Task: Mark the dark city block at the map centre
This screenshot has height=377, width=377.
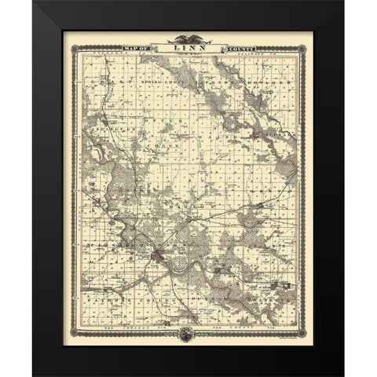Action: pos(161,253)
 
